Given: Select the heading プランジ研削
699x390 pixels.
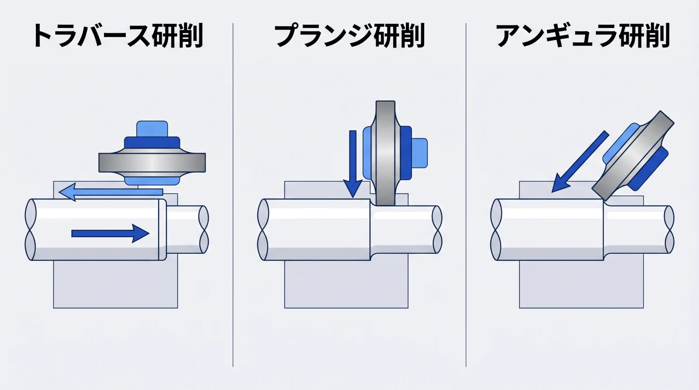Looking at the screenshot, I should click(x=349, y=36).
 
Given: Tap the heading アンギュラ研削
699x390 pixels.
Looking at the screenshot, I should click(x=583, y=36).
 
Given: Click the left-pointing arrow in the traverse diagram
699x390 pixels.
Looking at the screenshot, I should click(x=109, y=192).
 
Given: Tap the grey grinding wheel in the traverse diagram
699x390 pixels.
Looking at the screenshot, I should click(x=152, y=162).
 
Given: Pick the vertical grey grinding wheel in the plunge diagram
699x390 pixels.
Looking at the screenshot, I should click(x=385, y=153).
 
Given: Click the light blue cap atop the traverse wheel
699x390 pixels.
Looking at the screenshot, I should click(x=152, y=129).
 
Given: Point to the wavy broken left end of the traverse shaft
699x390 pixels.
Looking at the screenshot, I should click(x=30, y=229).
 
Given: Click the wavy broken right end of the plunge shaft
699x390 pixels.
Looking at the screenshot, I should click(x=436, y=229).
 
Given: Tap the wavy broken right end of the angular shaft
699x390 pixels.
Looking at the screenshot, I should click(x=669, y=229).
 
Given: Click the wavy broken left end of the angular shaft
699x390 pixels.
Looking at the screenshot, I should click(x=496, y=229).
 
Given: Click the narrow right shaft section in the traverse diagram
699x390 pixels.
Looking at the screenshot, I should click(x=183, y=229).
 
